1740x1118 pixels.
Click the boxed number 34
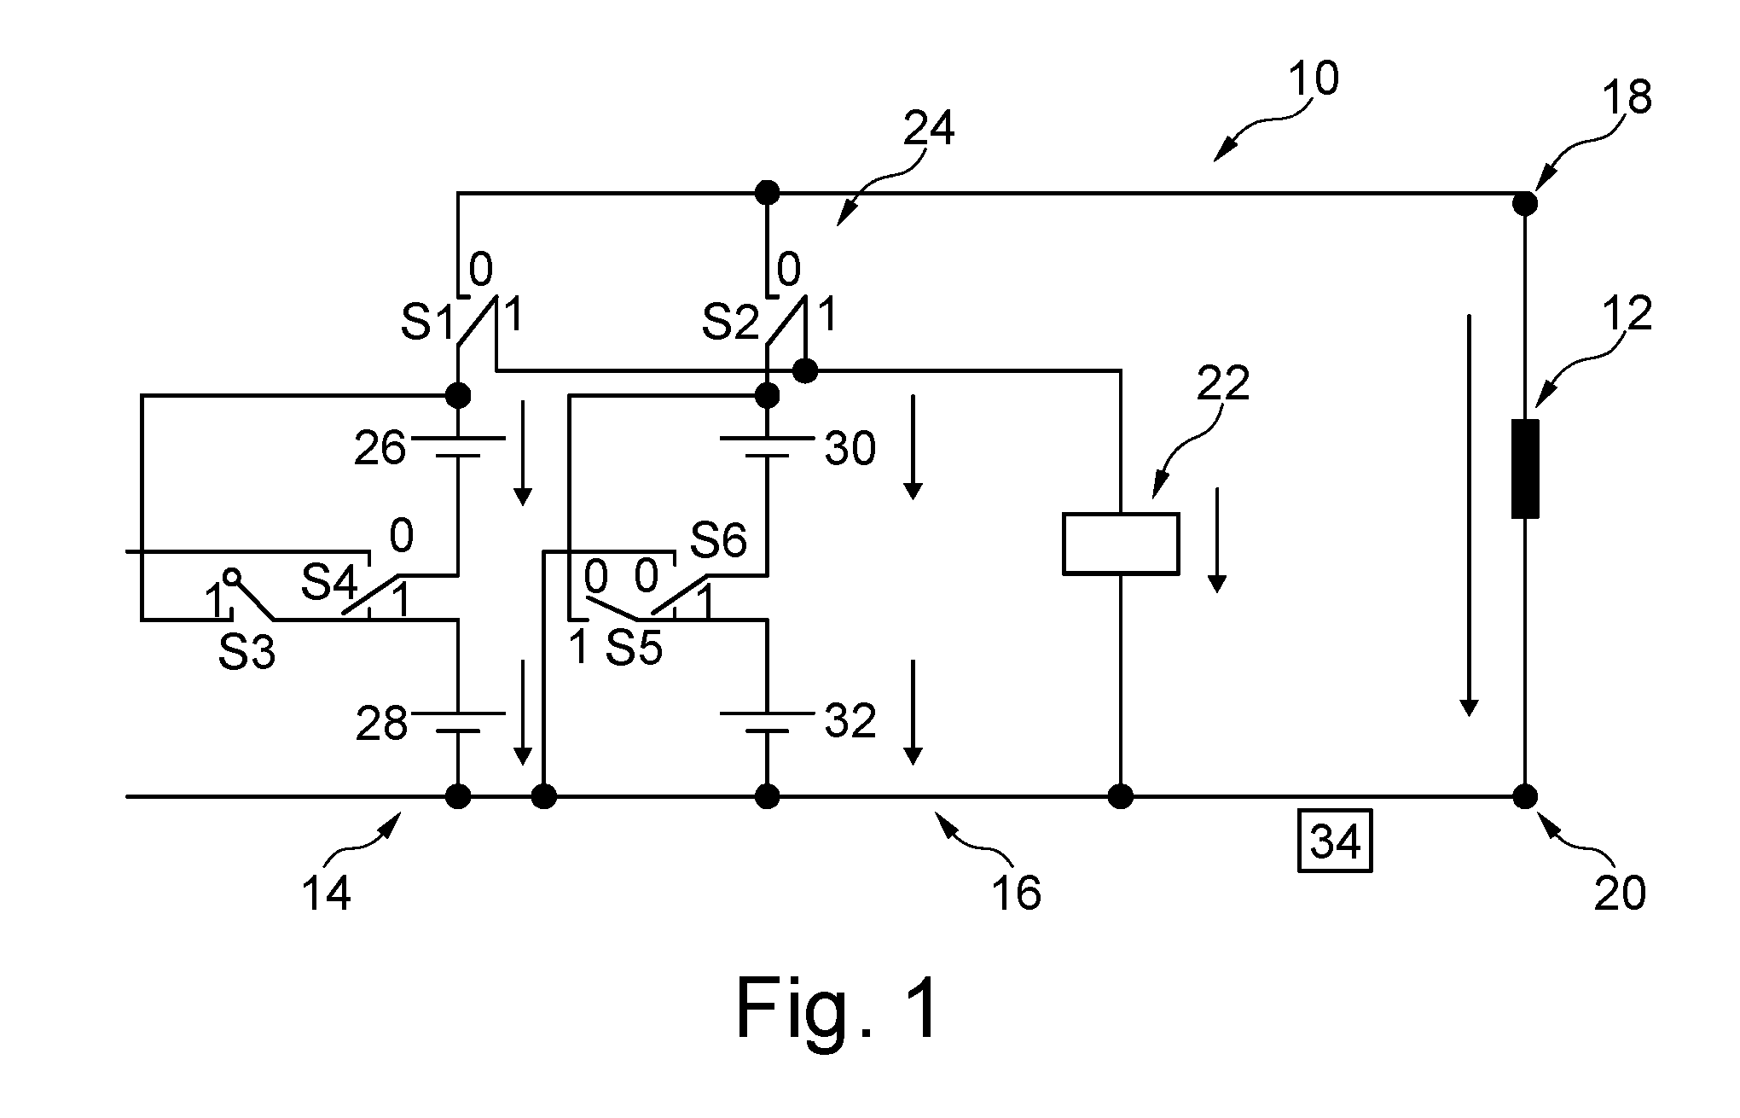1335,841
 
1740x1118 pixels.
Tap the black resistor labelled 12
1525,468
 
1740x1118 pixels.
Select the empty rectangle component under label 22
1121,543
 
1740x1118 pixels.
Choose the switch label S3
246,653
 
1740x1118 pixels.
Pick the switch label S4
329,584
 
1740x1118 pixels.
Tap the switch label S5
634,649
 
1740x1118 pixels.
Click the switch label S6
718,540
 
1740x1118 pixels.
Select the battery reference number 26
380,448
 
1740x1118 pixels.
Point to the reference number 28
381,724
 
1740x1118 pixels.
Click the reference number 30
850,448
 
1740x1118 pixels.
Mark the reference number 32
850,722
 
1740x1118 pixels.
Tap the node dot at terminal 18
1525,203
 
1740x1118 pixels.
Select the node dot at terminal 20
1525,797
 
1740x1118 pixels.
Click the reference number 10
1314,79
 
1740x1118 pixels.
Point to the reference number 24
929,129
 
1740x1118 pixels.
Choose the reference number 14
326,894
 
